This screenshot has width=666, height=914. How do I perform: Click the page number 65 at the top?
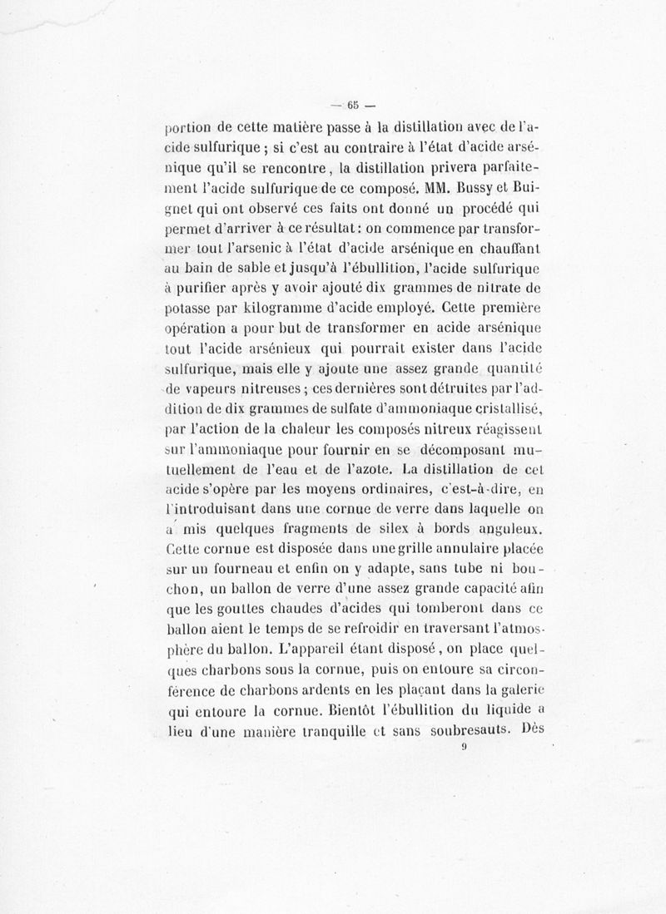coord(353,105)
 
